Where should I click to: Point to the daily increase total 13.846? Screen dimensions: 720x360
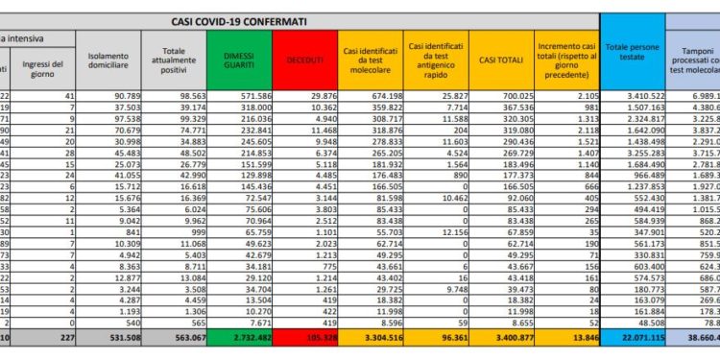(x=572, y=338)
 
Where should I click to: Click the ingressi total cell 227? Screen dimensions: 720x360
(x=49, y=338)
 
